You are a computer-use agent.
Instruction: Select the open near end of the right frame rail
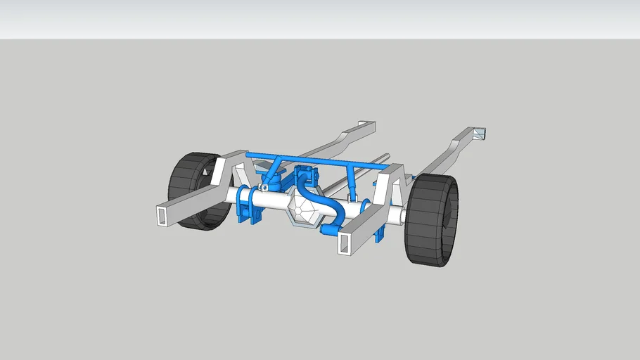click(345, 243)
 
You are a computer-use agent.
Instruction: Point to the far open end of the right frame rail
click(480, 132)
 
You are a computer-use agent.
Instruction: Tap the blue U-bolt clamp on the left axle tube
click(246, 205)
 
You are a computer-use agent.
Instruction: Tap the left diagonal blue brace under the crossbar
click(274, 169)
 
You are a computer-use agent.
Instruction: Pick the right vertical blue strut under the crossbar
click(350, 180)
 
